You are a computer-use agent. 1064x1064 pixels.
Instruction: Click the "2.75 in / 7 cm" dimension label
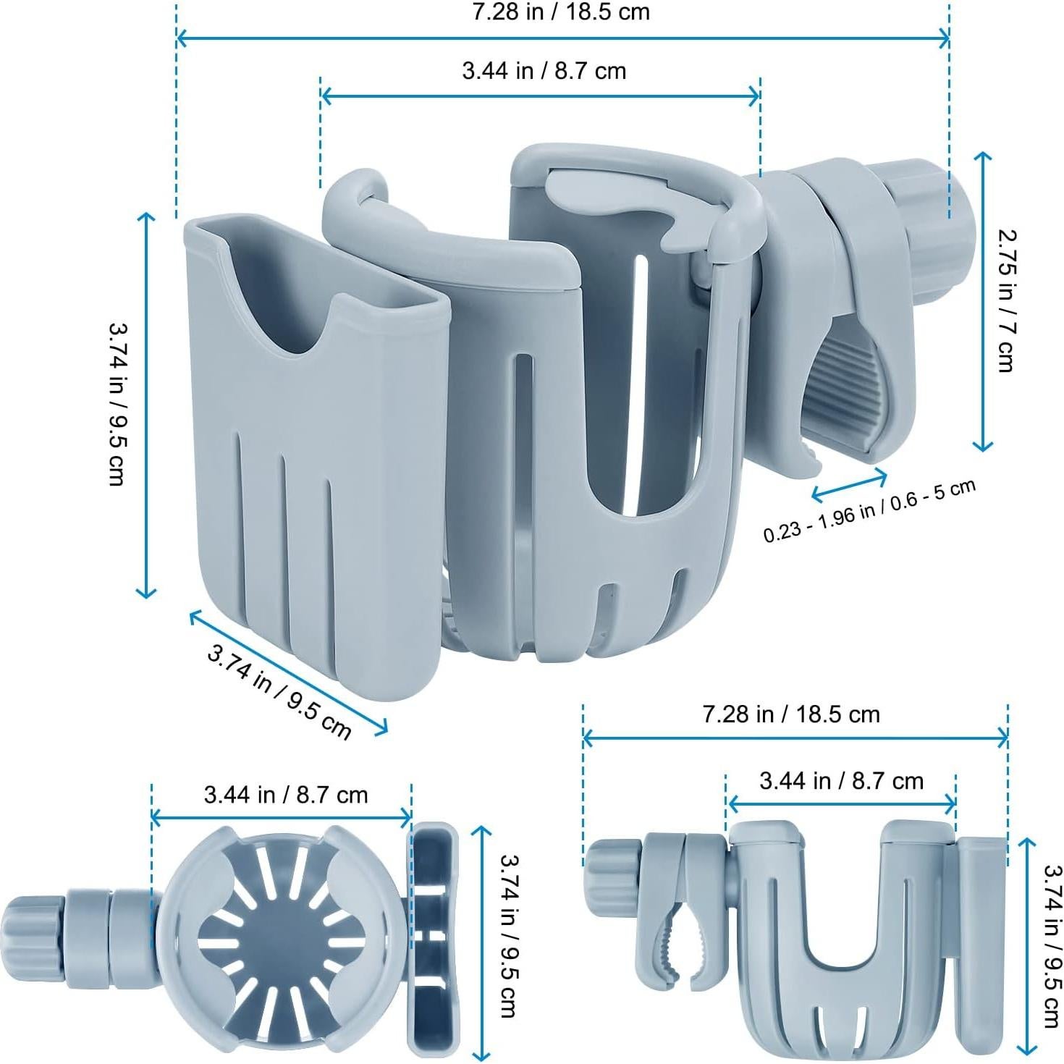coord(1005,300)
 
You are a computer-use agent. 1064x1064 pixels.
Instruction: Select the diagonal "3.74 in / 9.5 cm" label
coord(279,691)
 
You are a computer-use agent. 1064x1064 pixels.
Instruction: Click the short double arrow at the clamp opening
coord(849,485)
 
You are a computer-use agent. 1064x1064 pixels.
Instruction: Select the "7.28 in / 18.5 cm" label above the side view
coord(791,714)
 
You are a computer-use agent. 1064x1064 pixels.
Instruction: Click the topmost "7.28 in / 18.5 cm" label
coord(561,12)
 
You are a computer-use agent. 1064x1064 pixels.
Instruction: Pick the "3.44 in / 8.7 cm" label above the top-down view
coord(286,795)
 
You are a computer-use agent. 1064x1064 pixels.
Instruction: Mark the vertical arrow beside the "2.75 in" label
coord(982,301)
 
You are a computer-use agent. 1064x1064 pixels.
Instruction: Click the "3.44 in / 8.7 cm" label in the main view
coord(544,71)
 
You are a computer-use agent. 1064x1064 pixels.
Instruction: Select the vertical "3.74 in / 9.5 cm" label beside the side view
coord(1052,946)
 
